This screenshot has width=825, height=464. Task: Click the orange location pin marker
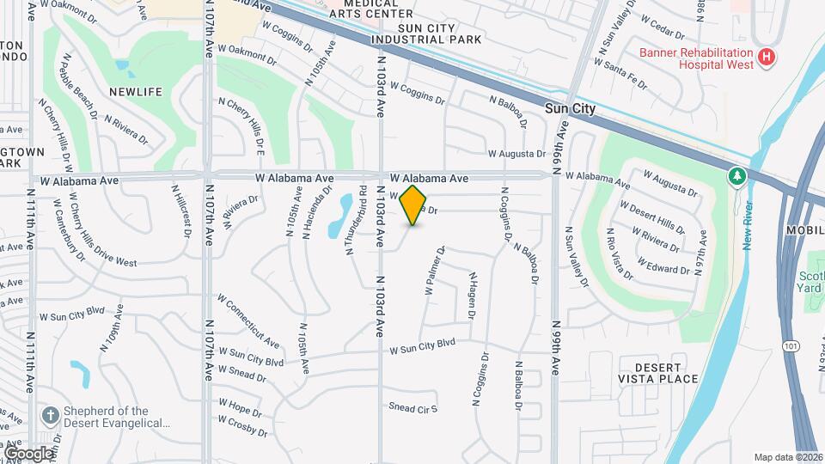(x=413, y=205)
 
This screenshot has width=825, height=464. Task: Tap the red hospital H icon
(x=767, y=58)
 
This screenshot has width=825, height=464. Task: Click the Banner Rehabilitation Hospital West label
(x=695, y=58)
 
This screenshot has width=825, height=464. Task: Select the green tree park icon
(x=736, y=176)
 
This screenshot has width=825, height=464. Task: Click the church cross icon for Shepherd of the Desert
(x=51, y=417)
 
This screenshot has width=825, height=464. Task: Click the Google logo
(x=27, y=453)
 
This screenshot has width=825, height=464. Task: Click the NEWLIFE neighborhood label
(x=130, y=90)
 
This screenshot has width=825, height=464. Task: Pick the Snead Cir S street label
(x=413, y=407)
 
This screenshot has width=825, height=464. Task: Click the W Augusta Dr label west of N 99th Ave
(x=516, y=154)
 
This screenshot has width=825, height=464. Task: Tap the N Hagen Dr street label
(x=471, y=296)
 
